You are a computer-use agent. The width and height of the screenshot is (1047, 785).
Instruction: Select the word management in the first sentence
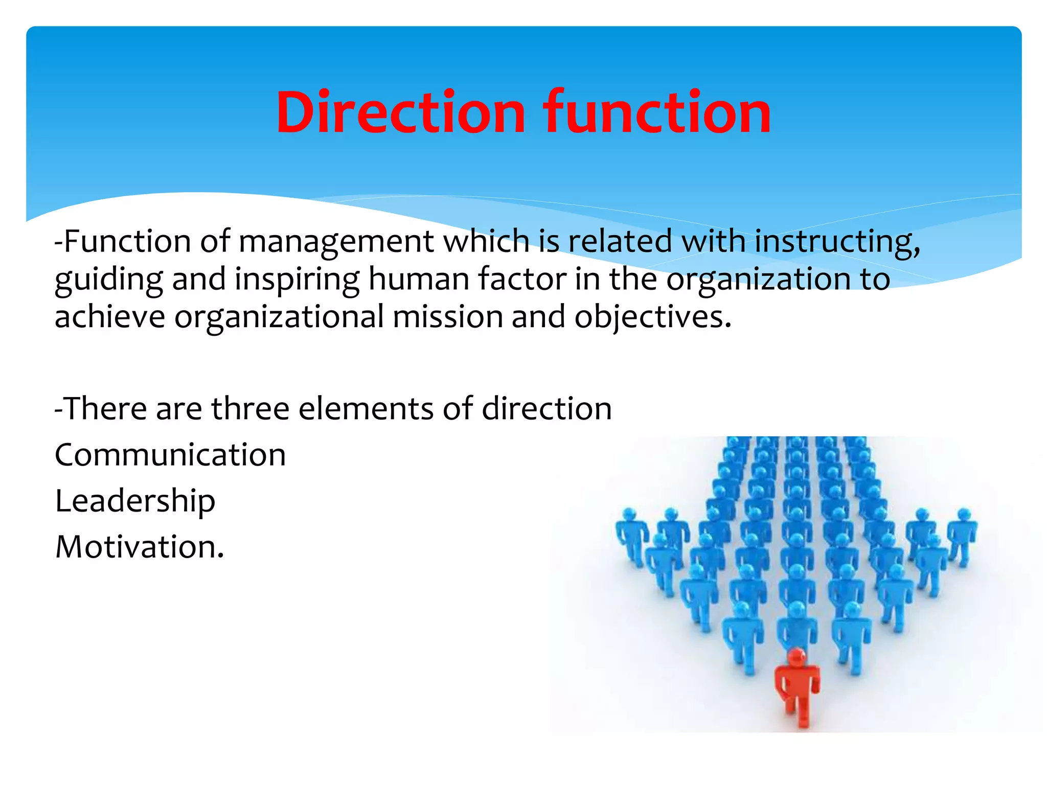(336, 242)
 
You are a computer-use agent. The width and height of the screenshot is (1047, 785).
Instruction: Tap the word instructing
(837, 242)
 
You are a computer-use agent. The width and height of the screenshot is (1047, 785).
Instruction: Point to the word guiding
(109, 280)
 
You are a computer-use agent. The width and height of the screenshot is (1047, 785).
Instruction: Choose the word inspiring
(297, 280)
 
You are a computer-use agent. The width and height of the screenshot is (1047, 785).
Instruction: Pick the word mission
(448, 317)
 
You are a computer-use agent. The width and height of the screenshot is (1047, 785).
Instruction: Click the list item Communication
(170, 455)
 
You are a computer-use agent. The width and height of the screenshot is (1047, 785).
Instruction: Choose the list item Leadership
(135, 501)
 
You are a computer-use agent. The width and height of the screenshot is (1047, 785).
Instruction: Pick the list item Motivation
(140, 547)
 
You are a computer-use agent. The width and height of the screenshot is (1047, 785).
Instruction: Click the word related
(620, 241)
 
